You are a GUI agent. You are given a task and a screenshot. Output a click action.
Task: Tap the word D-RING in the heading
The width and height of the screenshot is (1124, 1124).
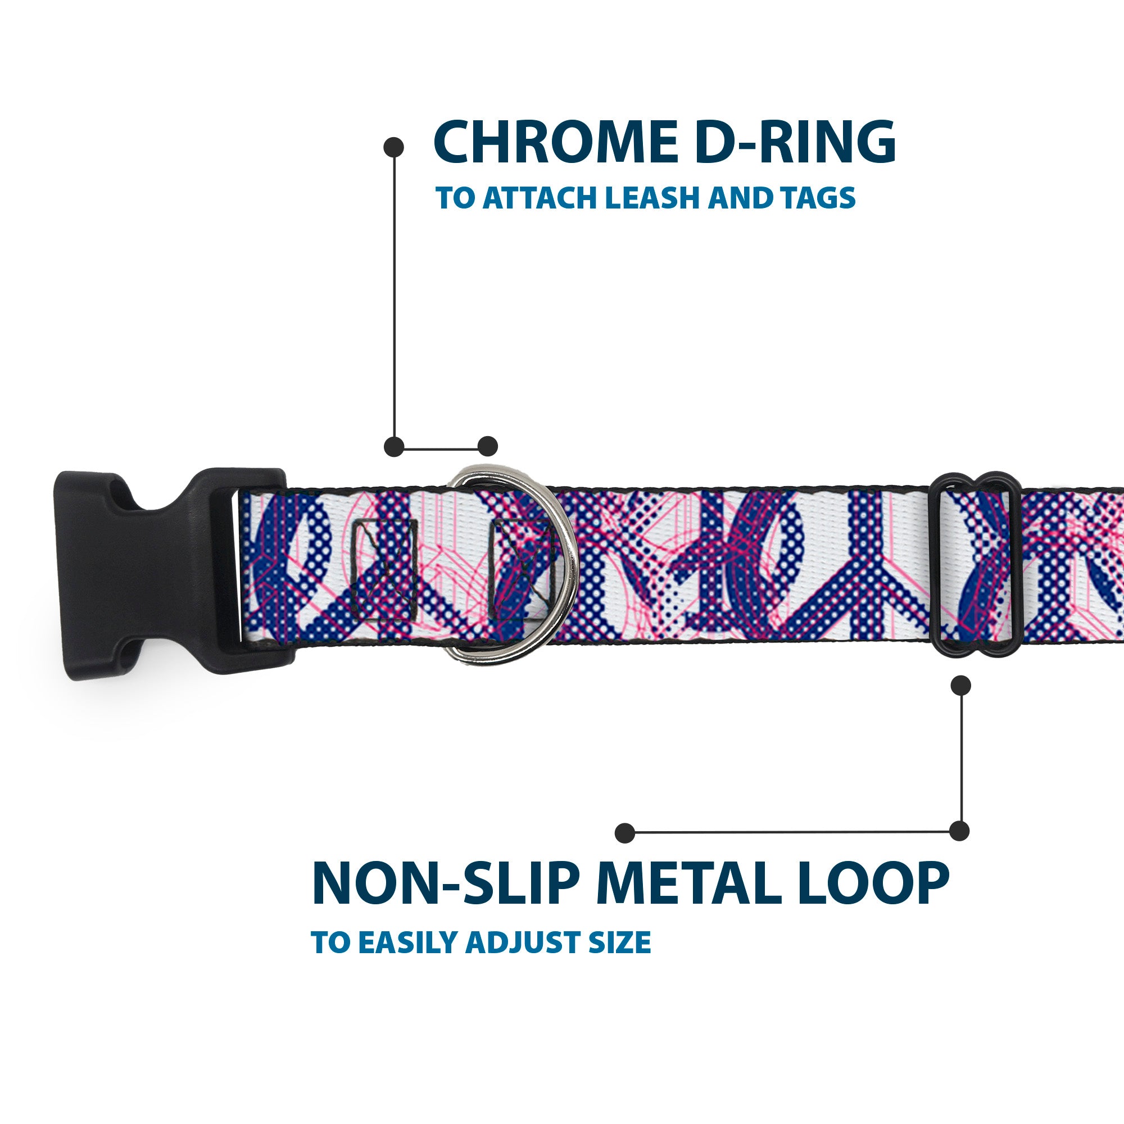pos(795,142)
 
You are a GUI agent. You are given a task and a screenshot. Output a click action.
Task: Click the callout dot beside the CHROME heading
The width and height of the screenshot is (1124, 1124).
pos(394,147)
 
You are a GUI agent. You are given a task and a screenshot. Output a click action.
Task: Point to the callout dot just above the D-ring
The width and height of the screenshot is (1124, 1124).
pos(487,446)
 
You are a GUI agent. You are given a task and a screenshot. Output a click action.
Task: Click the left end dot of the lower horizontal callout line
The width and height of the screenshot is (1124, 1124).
pos(625,833)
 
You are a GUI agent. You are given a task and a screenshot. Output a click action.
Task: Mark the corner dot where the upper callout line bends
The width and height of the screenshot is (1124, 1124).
pos(395,446)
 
